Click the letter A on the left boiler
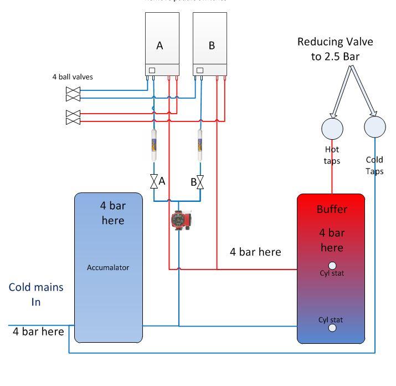click(x=160, y=46)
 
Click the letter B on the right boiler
click(x=211, y=46)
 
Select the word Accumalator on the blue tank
click(x=108, y=267)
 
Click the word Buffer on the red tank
click(x=332, y=209)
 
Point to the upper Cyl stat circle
click(x=332, y=266)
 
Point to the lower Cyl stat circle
click(x=332, y=328)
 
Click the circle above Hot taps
click(x=332, y=128)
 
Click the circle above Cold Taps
click(x=375, y=127)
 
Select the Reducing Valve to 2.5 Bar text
click(x=336, y=49)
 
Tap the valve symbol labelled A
click(x=155, y=181)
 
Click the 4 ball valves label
click(x=73, y=77)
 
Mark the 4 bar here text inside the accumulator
click(x=113, y=213)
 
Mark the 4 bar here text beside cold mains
click(x=38, y=332)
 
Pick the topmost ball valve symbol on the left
click(x=73, y=90)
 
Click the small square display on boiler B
click(x=199, y=70)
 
